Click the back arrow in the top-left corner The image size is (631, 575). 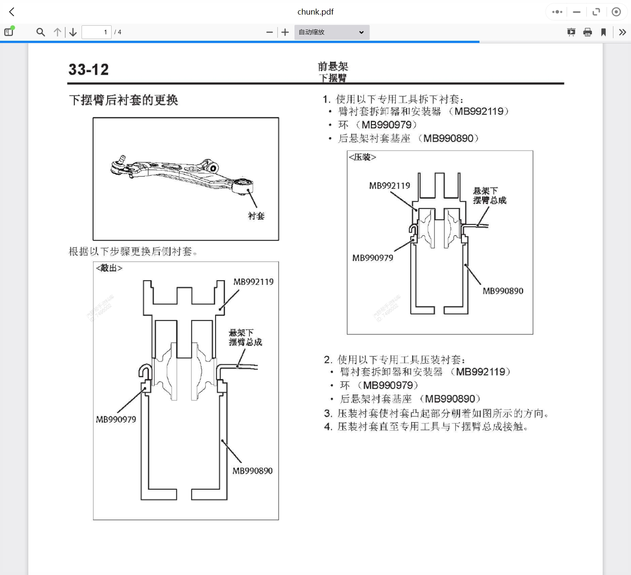click(x=12, y=12)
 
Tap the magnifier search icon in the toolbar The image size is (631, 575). click(x=41, y=32)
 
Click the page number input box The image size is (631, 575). click(x=97, y=32)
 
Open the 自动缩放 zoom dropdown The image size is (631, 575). click(x=331, y=32)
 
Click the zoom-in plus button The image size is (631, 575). click(x=285, y=32)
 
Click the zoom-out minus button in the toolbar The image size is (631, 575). click(x=270, y=32)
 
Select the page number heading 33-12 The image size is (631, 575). click(x=88, y=70)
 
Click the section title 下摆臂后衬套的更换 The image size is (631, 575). click(x=124, y=100)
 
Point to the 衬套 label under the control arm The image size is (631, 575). click(x=256, y=216)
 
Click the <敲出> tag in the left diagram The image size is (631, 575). click(x=109, y=268)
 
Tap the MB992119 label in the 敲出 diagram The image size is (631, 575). click(x=253, y=282)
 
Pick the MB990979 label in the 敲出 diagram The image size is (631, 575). click(x=116, y=419)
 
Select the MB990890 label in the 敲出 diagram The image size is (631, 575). click(x=252, y=471)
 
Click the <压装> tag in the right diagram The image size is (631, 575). click(x=363, y=157)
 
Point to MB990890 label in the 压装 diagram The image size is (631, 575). click(x=503, y=291)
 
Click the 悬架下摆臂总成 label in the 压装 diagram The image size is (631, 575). click(x=489, y=196)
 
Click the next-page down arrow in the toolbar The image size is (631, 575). click(x=73, y=32)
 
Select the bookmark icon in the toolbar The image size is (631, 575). click(x=604, y=32)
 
